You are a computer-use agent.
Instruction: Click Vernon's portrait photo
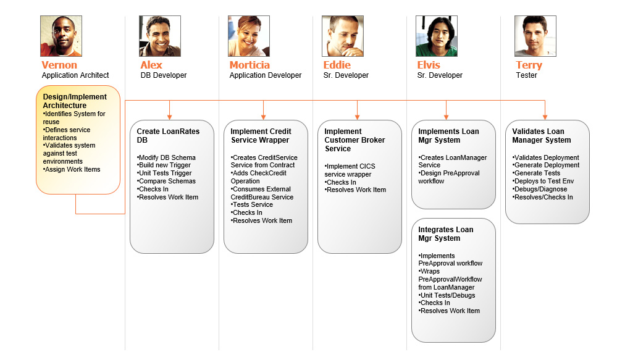[x=61, y=36]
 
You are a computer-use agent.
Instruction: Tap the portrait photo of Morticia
[x=249, y=36]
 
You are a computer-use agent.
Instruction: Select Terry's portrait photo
[x=535, y=36]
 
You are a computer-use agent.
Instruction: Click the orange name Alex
[x=151, y=65]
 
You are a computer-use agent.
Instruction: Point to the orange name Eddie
[x=337, y=65]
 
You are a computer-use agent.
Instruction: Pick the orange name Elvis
[x=429, y=65]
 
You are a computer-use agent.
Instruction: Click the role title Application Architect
[x=76, y=75]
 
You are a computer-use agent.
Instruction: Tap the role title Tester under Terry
[x=526, y=75]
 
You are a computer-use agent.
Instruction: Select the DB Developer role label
[x=164, y=75]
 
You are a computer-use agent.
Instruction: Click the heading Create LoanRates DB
[x=168, y=135]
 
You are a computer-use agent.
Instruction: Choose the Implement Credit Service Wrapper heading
[x=261, y=135]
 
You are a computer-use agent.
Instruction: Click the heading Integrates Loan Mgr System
[x=445, y=233]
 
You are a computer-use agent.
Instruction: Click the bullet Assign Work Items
[x=72, y=169]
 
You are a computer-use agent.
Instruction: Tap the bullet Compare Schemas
[x=167, y=181]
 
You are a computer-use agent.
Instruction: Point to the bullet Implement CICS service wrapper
[x=350, y=170]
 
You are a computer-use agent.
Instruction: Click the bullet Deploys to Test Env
[x=543, y=181]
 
